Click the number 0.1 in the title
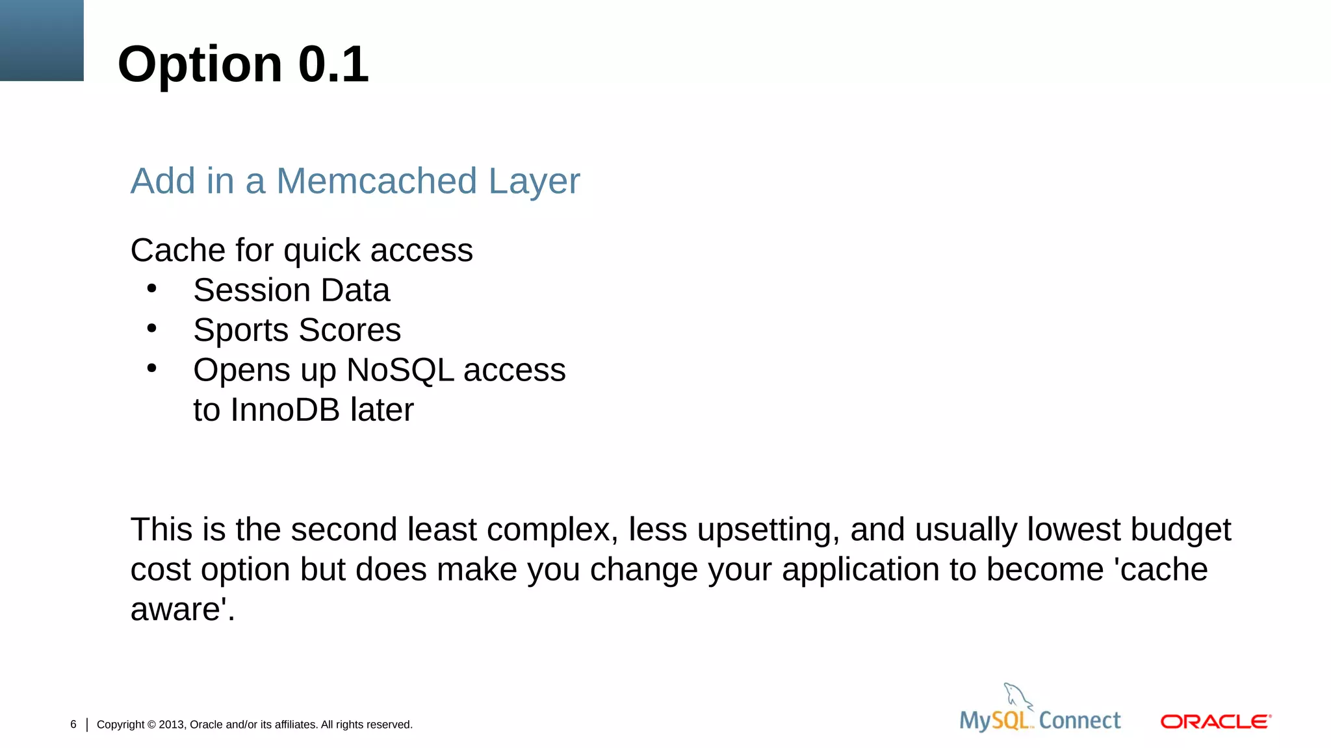333,64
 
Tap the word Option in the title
200,66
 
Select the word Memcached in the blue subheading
376,181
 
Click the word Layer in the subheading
534,182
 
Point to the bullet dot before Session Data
151,288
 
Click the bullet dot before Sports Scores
151,328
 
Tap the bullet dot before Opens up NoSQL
151,368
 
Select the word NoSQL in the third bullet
400,370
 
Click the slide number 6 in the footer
73,724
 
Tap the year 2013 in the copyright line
172,725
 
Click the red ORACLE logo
1215,721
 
